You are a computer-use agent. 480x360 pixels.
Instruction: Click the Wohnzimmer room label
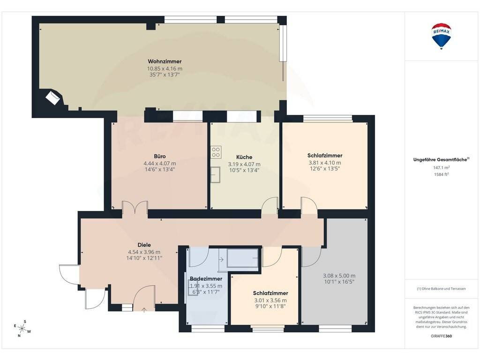click(x=165, y=61)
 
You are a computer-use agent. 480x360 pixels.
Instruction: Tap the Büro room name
click(x=160, y=156)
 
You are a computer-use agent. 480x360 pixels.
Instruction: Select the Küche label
click(x=244, y=157)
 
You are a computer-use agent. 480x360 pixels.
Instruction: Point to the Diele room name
click(x=144, y=245)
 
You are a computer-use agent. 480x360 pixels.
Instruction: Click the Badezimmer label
click(x=206, y=278)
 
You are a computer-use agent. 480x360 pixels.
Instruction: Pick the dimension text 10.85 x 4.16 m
click(x=165, y=69)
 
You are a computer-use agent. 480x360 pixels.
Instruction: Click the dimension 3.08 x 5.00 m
click(x=339, y=276)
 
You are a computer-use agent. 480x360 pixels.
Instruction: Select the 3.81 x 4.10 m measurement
click(x=325, y=163)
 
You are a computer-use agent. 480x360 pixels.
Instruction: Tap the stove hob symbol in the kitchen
click(x=216, y=152)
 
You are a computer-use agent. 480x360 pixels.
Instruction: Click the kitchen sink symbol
click(x=215, y=174)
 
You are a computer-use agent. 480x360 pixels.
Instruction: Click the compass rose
click(x=22, y=329)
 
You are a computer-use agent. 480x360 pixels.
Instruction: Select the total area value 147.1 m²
click(x=442, y=167)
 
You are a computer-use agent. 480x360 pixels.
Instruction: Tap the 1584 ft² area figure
click(x=442, y=174)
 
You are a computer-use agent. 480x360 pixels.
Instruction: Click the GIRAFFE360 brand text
click(x=442, y=336)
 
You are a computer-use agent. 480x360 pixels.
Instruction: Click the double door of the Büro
click(x=135, y=207)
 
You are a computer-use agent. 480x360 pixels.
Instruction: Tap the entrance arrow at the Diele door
click(x=144, y=310)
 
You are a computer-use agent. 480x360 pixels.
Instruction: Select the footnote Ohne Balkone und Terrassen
click(x=441, y=289)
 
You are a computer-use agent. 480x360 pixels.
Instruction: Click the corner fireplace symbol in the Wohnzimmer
click(x=52, y=97)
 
